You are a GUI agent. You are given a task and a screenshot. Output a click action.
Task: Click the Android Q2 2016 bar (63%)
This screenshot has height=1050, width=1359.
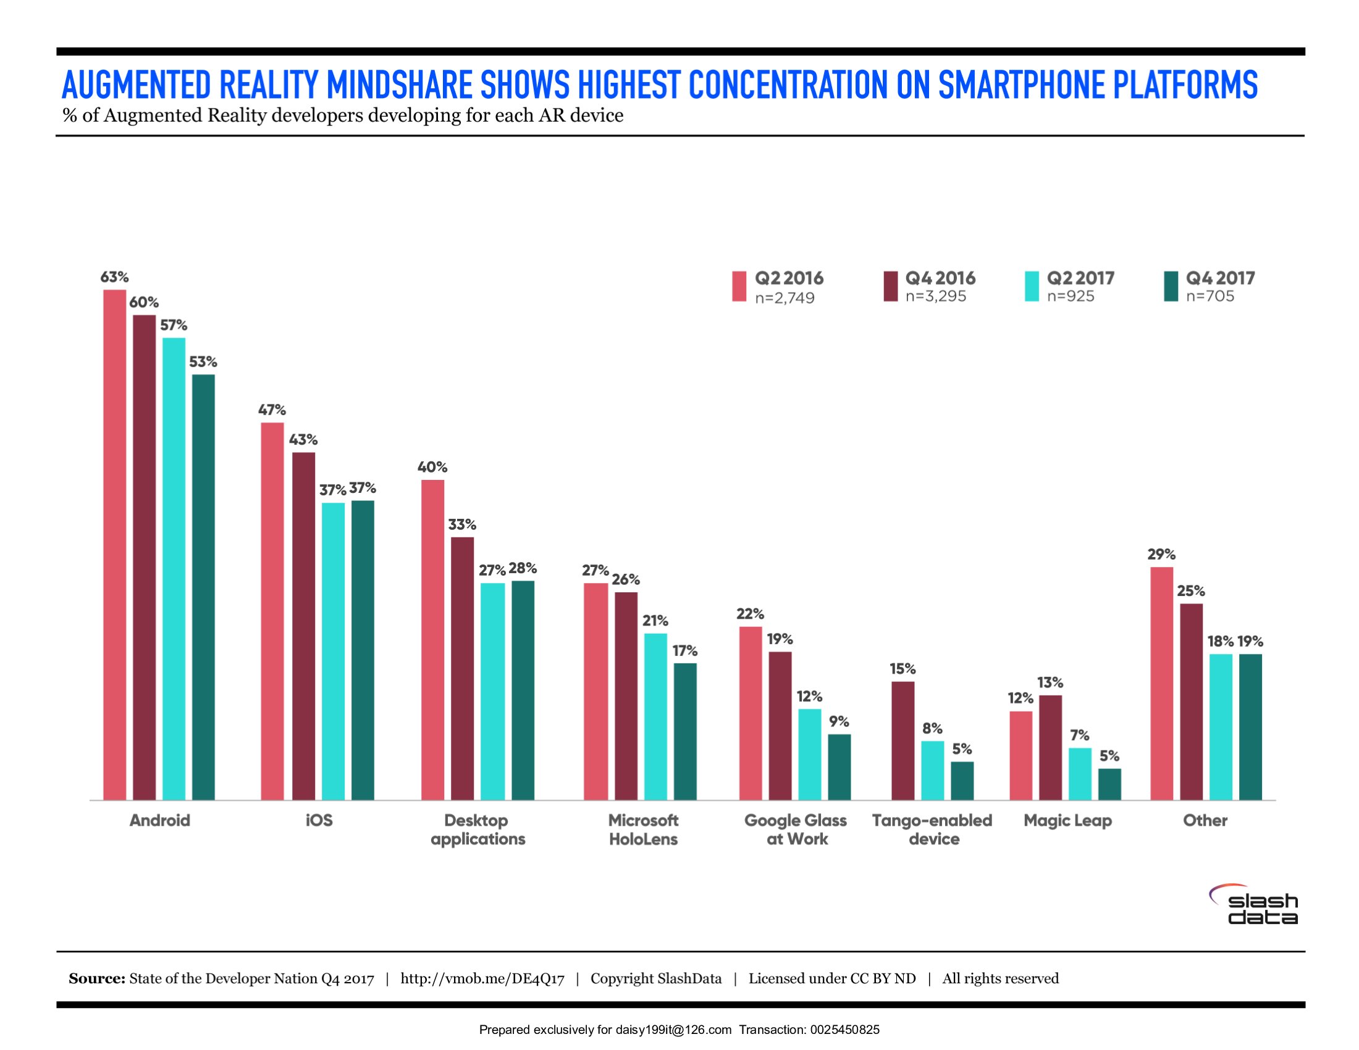coord(114,544)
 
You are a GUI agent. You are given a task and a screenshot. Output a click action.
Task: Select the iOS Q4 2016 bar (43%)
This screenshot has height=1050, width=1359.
coord(304,626)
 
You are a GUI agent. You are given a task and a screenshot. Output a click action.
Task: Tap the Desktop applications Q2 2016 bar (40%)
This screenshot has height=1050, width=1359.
coord(432,639)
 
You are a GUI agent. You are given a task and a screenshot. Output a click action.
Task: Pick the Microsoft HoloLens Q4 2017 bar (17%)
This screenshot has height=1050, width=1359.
coord(685,731)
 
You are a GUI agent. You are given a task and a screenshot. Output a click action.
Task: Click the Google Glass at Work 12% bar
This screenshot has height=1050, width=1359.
coord(810,754)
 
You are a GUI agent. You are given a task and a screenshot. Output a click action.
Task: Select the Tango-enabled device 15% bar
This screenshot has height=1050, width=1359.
coord(903,740)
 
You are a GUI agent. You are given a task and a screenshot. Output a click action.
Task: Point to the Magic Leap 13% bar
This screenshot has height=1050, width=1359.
coord(1050,747)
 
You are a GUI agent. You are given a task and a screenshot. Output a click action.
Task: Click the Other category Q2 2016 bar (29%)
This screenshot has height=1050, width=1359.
coord(1162,683)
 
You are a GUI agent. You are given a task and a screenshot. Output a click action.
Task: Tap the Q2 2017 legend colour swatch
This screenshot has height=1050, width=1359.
coord(1032,286)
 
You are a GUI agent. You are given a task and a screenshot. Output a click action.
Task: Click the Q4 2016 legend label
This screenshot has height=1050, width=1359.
coord(940,278)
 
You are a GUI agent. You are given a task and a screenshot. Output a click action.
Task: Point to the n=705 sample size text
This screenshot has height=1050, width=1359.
coord(1210,296)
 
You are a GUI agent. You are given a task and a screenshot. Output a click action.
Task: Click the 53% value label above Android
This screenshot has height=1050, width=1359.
coord(203,362)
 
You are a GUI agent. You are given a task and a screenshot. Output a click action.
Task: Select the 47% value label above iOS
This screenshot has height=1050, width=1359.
coord(272,410)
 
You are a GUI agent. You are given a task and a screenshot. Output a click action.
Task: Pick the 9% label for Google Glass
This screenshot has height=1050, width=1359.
coord(839,721)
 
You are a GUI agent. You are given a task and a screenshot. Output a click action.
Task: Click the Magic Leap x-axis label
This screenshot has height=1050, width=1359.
coord(1067,820)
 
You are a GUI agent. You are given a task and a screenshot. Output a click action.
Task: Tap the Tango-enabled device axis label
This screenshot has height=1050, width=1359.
coord(932,829)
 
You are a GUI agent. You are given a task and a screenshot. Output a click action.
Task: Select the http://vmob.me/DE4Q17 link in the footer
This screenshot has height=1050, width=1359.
coord(482,978)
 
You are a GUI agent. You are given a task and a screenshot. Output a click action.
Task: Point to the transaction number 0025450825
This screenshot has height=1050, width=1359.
coord(844,1030)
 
